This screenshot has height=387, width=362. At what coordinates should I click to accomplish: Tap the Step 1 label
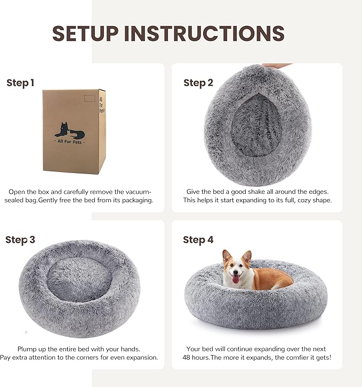[x=20, y=83]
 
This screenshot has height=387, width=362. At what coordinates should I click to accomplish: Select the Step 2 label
[x=198, y=83]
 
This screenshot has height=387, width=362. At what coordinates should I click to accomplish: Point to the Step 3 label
[x=20, y=240]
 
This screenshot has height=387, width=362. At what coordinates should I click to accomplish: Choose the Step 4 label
[x=198, y=240]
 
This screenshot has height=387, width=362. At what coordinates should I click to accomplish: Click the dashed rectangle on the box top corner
[x=90, y=98]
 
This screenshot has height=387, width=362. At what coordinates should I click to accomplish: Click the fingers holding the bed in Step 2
[x=277, y=66]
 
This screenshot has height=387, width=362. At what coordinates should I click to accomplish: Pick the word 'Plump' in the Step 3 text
[x=28, y=349]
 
